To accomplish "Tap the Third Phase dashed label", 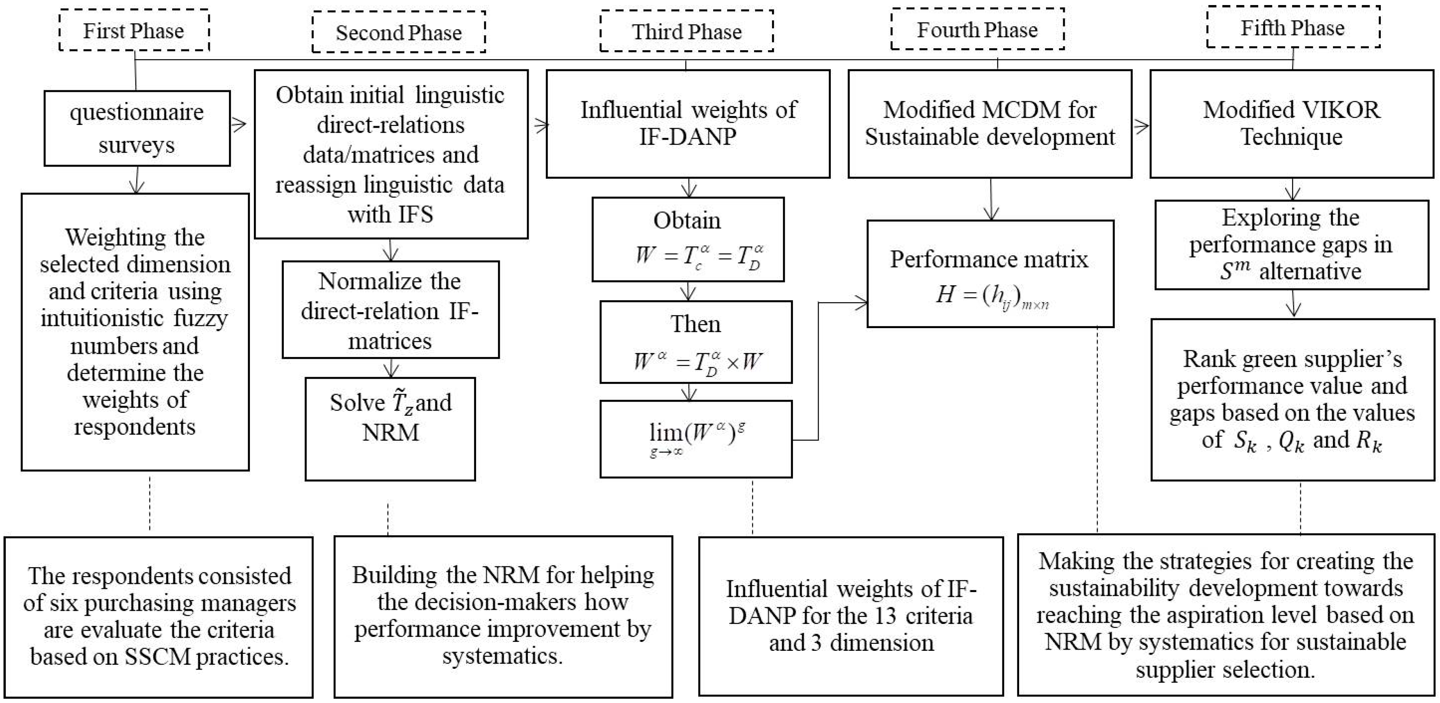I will tap(686, 31).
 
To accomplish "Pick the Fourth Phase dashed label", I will tap(977, 30).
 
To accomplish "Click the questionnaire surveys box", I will tap(137, 128).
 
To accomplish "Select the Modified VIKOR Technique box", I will tap(1291, 123).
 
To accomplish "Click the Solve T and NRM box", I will tap(390, 429).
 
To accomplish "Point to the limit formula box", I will tap(696, 439).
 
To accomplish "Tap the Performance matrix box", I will tap(990, 273).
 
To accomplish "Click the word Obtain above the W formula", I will tap(687, 220).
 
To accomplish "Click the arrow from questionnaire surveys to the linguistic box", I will tap(239, 124).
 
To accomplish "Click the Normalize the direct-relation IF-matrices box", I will tap(390, 310).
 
